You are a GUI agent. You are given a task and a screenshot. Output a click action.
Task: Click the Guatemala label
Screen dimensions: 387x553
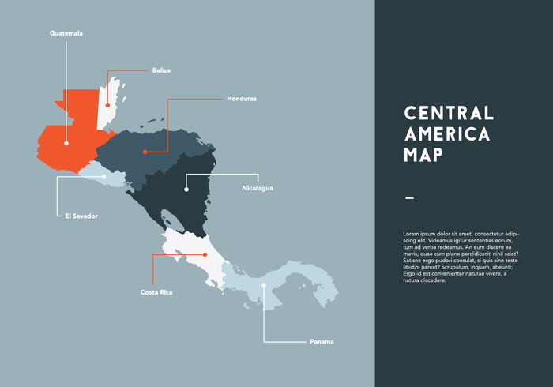66,33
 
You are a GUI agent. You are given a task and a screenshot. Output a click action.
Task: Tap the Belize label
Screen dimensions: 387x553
161,70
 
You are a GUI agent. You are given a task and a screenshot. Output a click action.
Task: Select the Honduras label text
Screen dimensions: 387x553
242,99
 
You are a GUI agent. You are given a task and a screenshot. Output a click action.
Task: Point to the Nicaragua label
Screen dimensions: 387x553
258,188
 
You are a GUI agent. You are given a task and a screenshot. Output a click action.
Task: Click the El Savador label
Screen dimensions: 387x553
81,215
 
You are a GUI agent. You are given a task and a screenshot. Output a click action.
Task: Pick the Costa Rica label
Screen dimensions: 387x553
156,292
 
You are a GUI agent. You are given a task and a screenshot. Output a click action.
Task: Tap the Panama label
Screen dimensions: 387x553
322,341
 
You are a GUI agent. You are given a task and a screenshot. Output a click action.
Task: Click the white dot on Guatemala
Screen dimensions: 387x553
66,144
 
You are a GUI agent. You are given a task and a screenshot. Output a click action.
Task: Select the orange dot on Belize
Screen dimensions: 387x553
107,104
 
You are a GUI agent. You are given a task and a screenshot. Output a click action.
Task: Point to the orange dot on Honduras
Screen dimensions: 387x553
145,152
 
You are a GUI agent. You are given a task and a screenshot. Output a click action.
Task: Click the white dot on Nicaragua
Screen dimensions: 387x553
186,190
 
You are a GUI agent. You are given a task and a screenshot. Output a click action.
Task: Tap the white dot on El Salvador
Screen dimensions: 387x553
103,177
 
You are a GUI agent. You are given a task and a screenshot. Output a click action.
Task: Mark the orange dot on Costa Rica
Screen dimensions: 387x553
205,254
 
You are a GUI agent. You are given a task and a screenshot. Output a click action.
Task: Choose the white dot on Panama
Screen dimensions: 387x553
264,285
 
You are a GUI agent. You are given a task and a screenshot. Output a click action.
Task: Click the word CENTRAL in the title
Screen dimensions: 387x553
448,113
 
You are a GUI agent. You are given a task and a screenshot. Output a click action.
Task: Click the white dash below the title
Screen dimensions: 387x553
408,197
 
